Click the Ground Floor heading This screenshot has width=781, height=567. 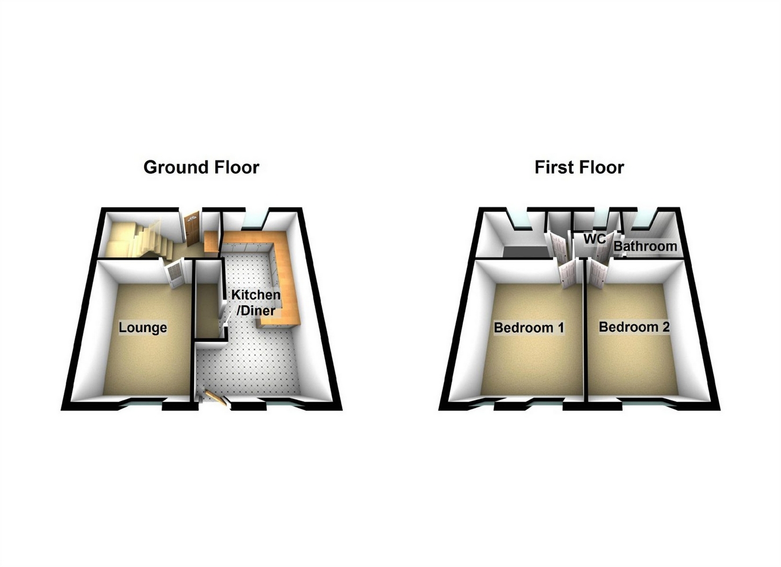(x=201, y=167)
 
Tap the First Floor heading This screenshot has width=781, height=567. (x=579, y=167)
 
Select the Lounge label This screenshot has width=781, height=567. (x=143, y=327)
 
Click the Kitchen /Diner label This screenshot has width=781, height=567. (x=256, y=303)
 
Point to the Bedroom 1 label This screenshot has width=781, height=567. (x=529, y=327)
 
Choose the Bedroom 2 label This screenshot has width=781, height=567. (x=634, y=327)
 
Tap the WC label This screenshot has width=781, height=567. (x=594, y=239)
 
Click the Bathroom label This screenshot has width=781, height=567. (x=645, y=246)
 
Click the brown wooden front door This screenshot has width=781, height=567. (x=192, y=228)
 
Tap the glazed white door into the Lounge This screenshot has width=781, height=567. (x=175, y=274)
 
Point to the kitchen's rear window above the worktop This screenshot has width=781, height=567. (x=252, y=220)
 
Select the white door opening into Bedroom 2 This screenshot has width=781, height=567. (x=598, y=272)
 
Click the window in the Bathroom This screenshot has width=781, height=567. (x=642, y=219)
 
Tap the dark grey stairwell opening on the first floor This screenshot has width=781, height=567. (x=525, y=252)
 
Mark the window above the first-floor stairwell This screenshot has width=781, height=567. (x=519, y=219)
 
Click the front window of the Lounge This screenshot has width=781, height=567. (x=141, y=406)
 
